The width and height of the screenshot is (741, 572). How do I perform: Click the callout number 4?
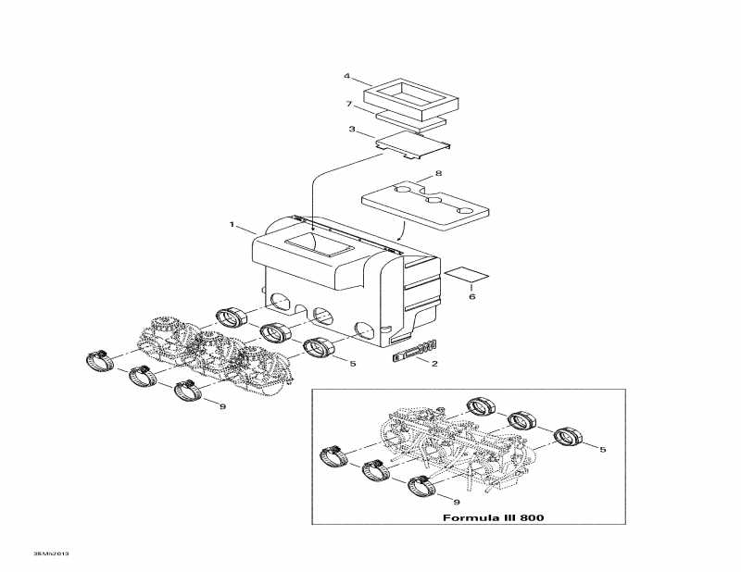(x=346, y=76)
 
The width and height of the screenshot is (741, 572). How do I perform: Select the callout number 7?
(x=349, y=104)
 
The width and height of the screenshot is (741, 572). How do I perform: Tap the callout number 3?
(x=352, y=129)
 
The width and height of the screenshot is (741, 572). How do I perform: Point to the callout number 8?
(x=438, y=174)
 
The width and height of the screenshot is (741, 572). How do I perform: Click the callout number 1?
(x=232, y=224)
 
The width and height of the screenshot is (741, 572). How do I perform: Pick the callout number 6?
(x=471, y=296)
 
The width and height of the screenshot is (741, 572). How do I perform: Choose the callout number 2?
(x=434, y=364)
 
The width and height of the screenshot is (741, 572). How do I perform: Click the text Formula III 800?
(x=493, y=517)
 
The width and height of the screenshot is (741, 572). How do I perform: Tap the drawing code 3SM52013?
(x=51, y=553)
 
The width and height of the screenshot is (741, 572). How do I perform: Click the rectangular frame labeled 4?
(x=411, y=99)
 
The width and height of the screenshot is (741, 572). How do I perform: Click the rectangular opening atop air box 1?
(x=320, y=245)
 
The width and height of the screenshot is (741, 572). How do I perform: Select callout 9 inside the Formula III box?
(x=456, y=502)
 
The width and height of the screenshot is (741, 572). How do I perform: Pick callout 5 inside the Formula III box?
(x=603, y=450)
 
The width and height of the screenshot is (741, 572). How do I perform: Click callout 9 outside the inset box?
(x=222, y=406)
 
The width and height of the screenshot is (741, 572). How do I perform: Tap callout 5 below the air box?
(x=353, y=364)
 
